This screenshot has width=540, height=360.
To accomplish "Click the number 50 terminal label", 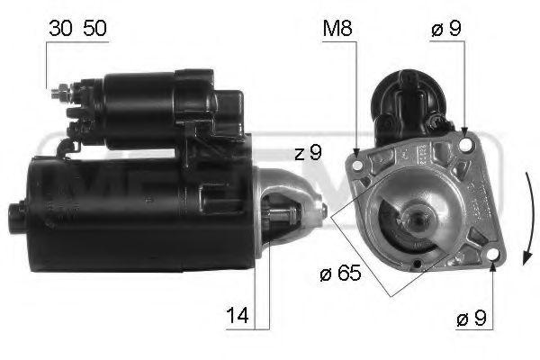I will (94, 27).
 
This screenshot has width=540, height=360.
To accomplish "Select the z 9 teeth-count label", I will (306, 154).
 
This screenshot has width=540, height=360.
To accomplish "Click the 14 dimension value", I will (238, 316).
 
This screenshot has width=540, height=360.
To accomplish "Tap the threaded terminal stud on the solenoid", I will (59, 91).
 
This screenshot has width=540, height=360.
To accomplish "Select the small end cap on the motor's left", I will (15, 215).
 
